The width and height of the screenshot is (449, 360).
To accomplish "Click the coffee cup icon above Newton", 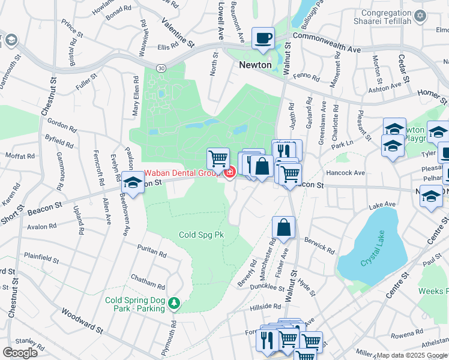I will coord(263,39).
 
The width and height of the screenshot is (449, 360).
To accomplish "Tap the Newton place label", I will coord(255,65).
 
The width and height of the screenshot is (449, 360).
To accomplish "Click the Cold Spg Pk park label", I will coord(201,235).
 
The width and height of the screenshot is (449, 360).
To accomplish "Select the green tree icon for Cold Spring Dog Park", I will coord(174,304).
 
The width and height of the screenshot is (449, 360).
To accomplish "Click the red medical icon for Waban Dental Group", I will coord(229,173).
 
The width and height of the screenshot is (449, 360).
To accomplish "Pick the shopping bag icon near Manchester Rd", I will coord(283,229).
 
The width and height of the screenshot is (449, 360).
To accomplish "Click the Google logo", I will coord(20,352).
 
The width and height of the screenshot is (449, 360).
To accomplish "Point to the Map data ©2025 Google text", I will coord(412,355).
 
